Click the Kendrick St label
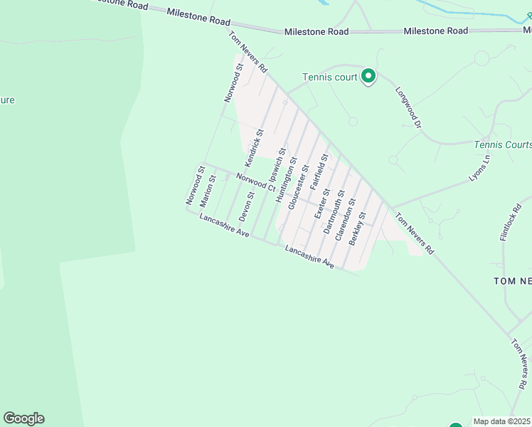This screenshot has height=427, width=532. (255, 143)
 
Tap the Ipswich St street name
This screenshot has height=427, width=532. (277, 164)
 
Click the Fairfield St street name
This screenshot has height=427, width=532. (319, 172)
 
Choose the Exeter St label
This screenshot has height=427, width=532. (322, 204)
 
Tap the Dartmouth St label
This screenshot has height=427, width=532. (334, 211)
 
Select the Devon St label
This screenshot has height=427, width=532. (246, 206)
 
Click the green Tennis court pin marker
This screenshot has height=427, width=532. (368, 75)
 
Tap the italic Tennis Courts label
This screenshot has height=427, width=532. (503, 144)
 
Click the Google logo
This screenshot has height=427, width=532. (23, 418)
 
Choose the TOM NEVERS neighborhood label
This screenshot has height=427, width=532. (512, 281)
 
